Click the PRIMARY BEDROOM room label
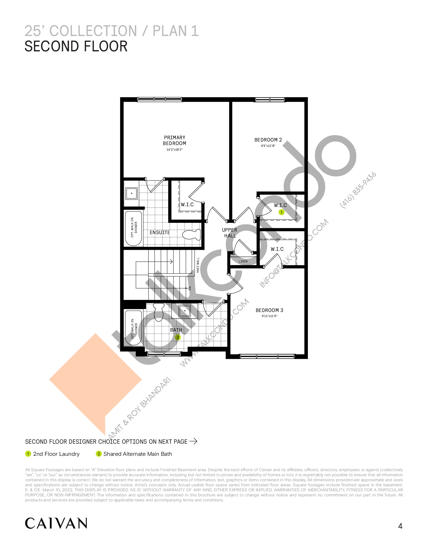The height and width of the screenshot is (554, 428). tap(174, 140)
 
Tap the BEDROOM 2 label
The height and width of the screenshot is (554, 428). tap(268, 140)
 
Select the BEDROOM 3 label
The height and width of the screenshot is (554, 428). tap(269, 310)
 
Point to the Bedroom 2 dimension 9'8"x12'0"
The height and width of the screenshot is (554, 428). tap(268, 146)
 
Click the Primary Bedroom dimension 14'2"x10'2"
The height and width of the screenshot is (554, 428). tap(174, 150)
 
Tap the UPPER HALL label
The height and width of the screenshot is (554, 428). tap(230, 233)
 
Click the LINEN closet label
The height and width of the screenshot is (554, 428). tap(243, 261)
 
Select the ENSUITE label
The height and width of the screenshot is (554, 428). tap(160, 232)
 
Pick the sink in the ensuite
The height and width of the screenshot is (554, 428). tap(132, 194)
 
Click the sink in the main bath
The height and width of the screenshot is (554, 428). tap(185, 311)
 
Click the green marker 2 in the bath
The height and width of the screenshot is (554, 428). tap(178, 337)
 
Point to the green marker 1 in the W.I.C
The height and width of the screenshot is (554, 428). tap(281, 212)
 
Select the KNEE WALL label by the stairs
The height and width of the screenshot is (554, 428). tap(198, 265)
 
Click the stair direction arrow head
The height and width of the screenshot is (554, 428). tap(172, 261)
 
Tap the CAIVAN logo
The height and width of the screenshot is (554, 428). tap(56, 523)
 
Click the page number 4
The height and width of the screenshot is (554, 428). tap(400, 526)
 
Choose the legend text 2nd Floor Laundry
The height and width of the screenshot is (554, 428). tap(56, 454)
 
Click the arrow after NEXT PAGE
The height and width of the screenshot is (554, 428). tap(193, 441)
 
